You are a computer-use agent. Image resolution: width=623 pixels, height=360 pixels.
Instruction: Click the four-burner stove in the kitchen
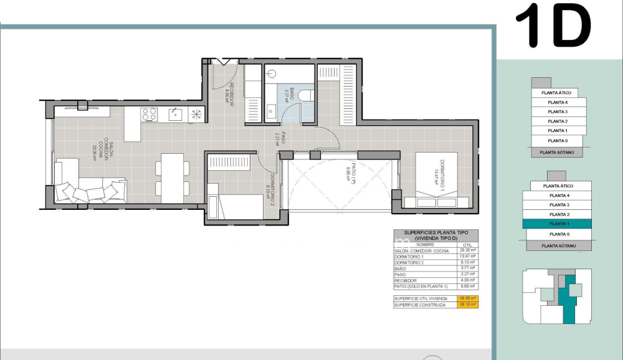pos(149,114)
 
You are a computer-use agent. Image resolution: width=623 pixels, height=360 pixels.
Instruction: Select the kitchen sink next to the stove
pos(175,114)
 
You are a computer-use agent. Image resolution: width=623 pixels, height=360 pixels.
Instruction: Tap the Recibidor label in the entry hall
pos(229,95)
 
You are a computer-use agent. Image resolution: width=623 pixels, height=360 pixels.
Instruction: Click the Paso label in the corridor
pos(282,138)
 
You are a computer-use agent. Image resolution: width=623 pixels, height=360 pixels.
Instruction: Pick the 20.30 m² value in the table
pos(467,250)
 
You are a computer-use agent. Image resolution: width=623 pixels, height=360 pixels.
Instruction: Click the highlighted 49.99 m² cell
pos(467,299)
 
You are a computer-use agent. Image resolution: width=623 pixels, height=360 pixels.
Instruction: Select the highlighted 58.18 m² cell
pos(467,305)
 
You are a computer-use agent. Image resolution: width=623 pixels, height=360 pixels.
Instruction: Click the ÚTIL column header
pos(467,245)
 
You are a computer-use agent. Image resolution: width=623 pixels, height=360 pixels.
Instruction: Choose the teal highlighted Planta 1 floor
pos(558,224)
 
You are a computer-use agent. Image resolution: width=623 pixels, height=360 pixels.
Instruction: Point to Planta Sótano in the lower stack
pos(558,245)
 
